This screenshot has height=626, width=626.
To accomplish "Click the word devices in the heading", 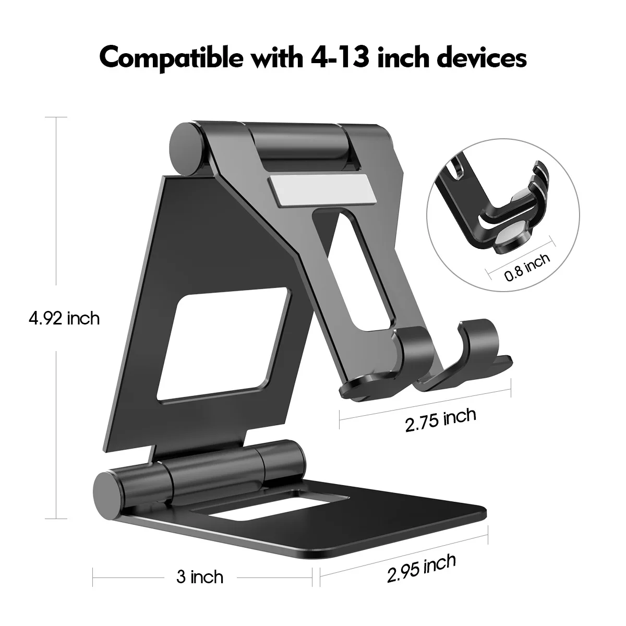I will pyautogui.click(x=481, y=58).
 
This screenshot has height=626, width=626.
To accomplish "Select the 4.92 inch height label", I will pyautogui.click(x=64, y=318).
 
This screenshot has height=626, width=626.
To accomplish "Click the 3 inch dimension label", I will pyautogui.click(x=200, y=577).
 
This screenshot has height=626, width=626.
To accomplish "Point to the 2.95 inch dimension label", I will pyautogui.click(x=422, y=568).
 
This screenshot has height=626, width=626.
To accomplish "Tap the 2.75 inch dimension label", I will pyautogui.click(x=441, y=419).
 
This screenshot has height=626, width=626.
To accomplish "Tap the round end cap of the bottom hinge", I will pyautogui.click(x=108, y=491).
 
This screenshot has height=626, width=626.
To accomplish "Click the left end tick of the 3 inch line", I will pyautogui.click(x=93, y=577).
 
